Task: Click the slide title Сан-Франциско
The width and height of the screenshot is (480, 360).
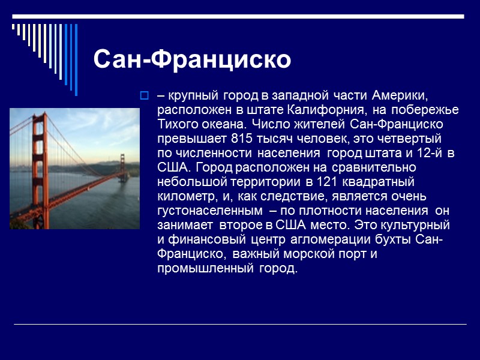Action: coord(192,59)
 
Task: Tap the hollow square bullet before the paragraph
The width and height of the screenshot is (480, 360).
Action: coord(143,95)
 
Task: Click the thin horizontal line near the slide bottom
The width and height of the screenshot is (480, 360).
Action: coord(240,324)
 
